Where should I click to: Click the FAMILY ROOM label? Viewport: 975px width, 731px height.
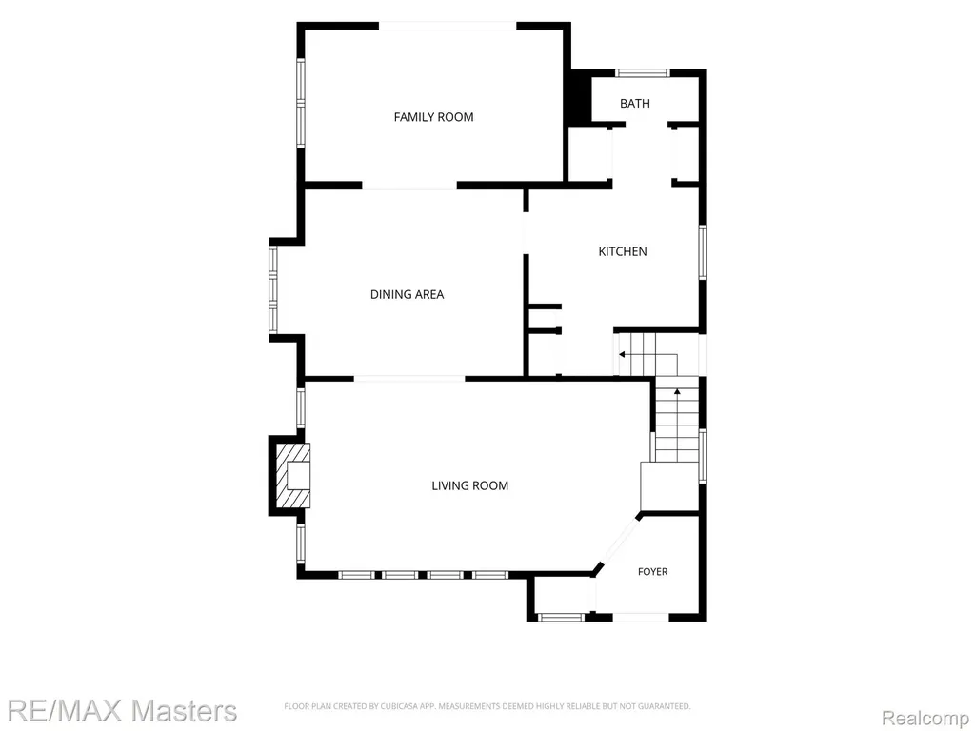click(x=433, y=117)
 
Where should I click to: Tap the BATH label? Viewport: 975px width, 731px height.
click(x=635, y=103)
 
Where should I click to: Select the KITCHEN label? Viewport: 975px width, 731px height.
click(x=623, y=251)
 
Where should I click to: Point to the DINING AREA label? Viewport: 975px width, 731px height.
click(x=407, y=294)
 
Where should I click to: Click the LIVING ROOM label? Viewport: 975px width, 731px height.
click(x=470, y=485)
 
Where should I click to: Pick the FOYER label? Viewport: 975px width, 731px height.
click(x=653, y=571)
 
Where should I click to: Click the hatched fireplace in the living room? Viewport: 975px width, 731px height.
click(x=292, y=476)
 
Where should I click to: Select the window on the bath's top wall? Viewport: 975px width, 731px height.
click(x=643, y=72)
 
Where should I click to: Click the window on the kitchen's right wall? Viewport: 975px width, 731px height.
click(x=703, y=251)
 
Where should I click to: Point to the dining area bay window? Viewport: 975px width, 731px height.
click(x=273, y=289)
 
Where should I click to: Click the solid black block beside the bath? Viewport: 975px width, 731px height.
click(x=579, y=97)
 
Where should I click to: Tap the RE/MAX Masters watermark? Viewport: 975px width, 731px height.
click(x=123, y=710)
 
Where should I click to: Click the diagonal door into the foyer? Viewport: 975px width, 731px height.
click(x=619, y=540)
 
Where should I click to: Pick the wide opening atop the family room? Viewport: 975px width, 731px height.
click(x=448, y=26)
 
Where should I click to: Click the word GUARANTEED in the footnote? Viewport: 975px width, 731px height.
click(x=666, y=706)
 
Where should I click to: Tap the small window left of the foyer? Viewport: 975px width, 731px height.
click(x=562, y=617)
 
